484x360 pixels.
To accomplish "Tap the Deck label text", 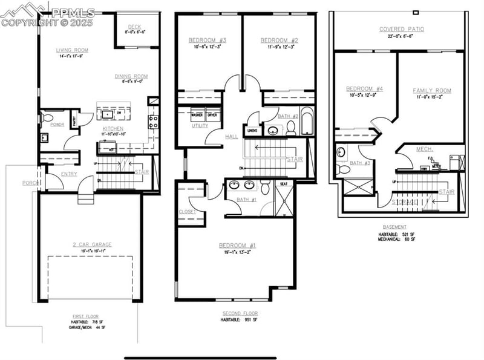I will click(x=134, y=26).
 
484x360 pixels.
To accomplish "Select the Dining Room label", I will click(x=131, y=76).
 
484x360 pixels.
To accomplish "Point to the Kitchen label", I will click(x=113, y=129).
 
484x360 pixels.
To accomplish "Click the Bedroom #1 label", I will click(x=237, y=245).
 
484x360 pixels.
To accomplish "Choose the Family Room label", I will click(x=432, y=91).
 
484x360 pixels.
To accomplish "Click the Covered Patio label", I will click(x=402, y=29).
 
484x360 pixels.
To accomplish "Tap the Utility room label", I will click(x=200, y=126).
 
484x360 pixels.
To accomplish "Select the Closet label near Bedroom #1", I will click(x=187, y=212).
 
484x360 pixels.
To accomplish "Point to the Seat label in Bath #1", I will click(x=283, y=184).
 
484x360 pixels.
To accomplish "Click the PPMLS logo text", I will click(x=73, y=12).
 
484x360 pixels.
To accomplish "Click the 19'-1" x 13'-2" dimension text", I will click(x=237, y=253).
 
